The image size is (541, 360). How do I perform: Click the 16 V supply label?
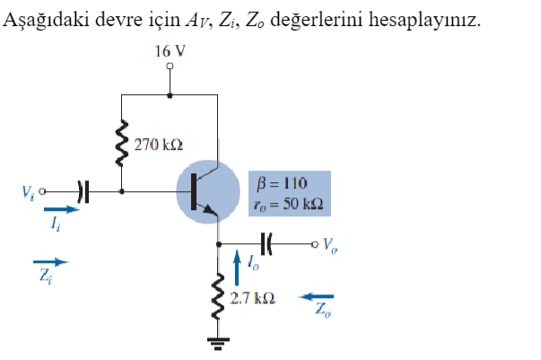click(170, 51)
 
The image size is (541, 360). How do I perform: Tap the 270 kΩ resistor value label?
click(159, 144)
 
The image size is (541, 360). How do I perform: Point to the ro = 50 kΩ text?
click(288, 204)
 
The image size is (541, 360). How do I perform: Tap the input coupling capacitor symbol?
click(83, 191)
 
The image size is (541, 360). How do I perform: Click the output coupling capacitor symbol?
click(267, 242)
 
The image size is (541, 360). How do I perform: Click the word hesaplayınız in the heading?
click(432, 19)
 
